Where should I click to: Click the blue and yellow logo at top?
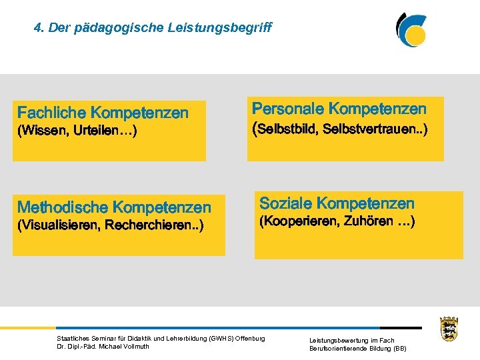(x=411, y=29)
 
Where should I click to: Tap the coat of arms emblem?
(x=449, y=328)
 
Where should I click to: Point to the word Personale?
(x=288, y=109)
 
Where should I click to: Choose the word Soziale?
(x=285, y=203)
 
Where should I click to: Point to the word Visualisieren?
(x=59, y=225)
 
